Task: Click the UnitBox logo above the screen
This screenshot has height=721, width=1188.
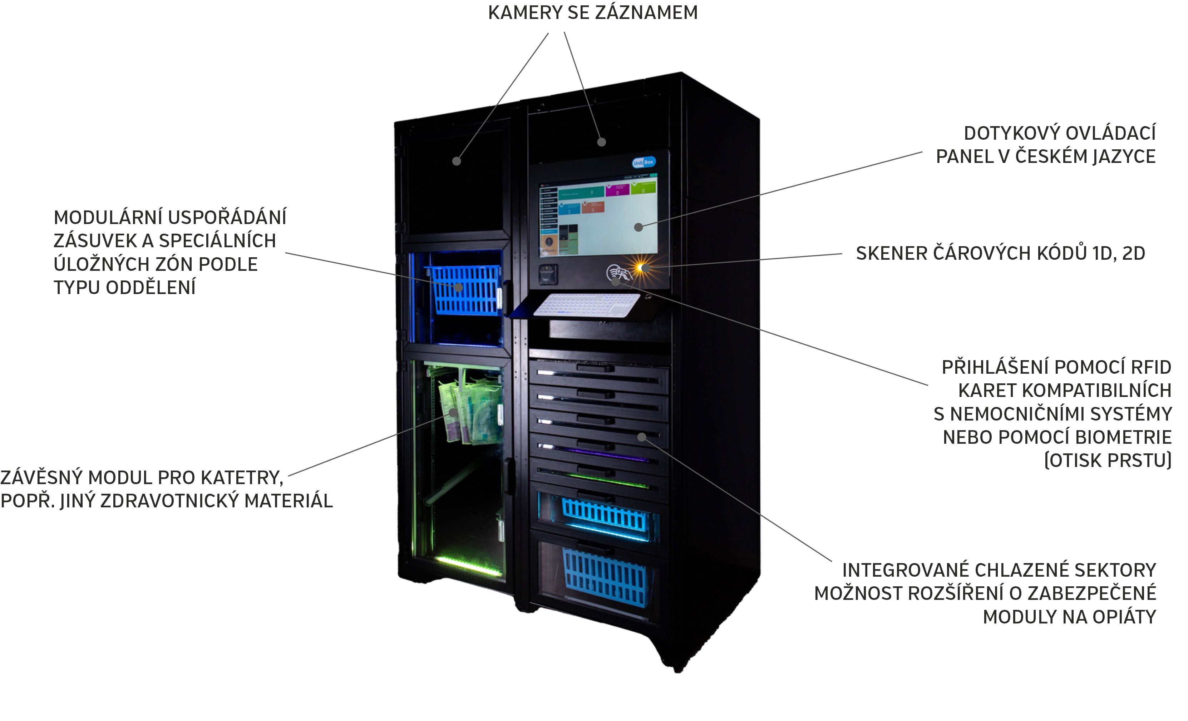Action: tap(643, 162)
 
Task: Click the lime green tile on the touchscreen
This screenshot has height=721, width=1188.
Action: tap(644, 187)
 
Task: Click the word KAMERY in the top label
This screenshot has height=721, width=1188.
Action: tap(526, 13)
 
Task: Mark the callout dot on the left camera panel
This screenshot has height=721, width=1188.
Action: tap(457, 161)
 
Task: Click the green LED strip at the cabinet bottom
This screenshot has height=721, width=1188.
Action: tap(468, 566)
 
